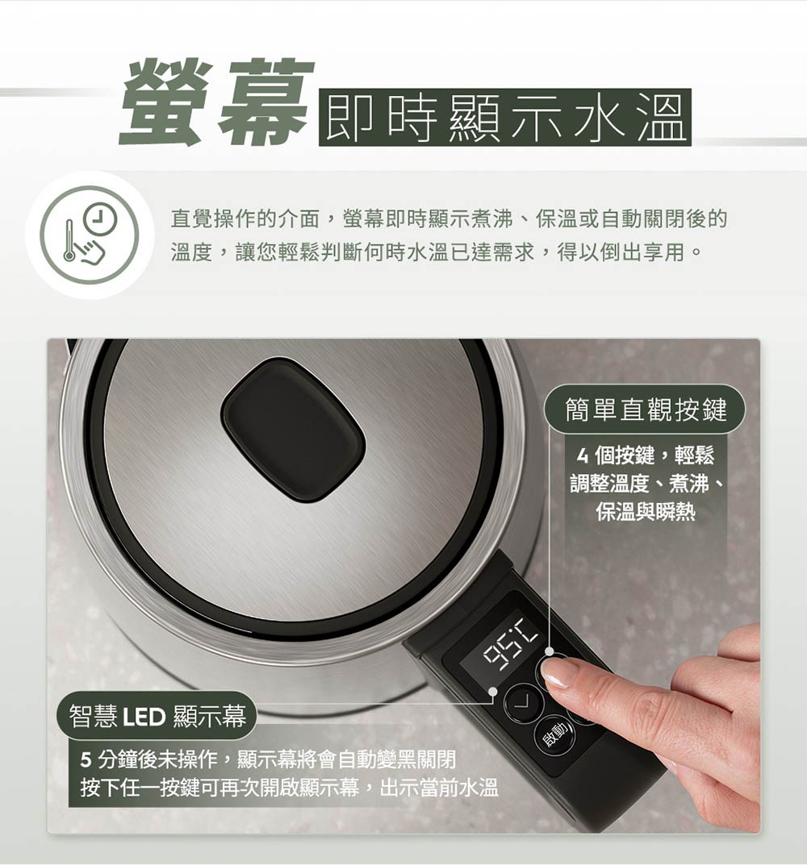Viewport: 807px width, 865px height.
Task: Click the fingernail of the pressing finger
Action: point(559,672)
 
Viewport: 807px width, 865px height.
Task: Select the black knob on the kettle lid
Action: point(293,429)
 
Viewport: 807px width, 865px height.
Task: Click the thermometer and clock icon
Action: point(89,235)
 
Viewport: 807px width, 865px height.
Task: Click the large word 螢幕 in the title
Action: point(215,102)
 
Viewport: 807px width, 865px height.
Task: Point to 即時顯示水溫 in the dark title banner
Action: point(504,118)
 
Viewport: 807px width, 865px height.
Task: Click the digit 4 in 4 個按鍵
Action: point(582,457)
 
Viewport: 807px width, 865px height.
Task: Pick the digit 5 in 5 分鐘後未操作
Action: point(86,759)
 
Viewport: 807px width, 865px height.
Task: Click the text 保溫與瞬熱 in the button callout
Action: point(646,512)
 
